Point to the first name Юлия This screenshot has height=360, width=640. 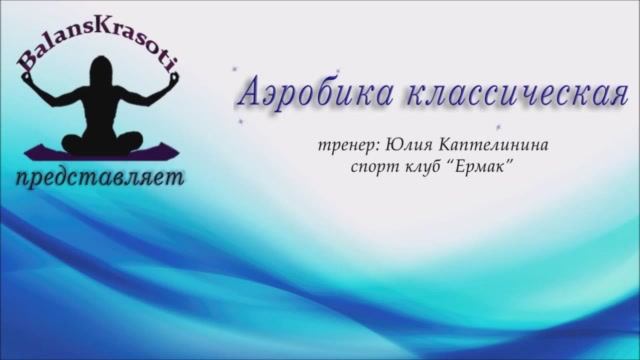tap(410, 145)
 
